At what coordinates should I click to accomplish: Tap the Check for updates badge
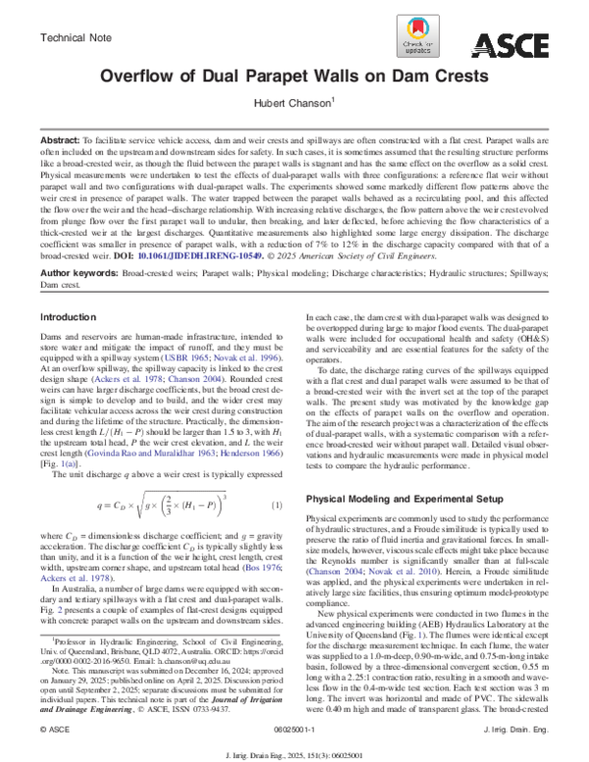pyautogui.click(x=420, y=44)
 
